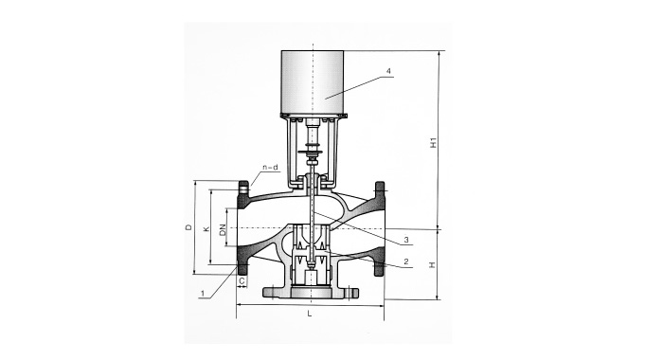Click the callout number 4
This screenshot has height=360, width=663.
(x=389, y=72)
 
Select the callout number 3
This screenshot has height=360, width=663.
(x=406, y=241)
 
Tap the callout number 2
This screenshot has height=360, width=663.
(x=406, y=261)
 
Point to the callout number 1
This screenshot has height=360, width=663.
(x=203, y=293)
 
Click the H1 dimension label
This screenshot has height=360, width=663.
(x=433, y=142)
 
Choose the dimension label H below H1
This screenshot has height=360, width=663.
(x=432, y=265)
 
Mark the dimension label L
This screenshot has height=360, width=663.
(x=310, y=314)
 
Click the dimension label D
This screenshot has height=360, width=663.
(x=189, y=227)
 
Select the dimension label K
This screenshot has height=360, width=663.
(x=206, y=229)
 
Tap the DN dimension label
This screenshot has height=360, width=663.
(x=223, y=230)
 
